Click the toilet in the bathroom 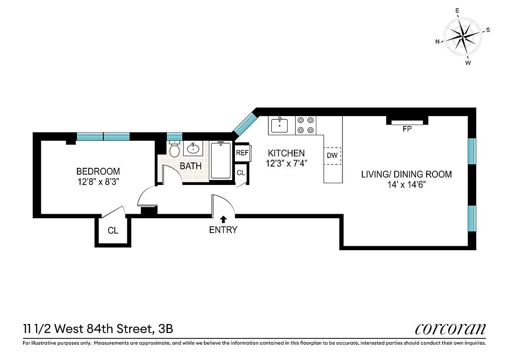175,149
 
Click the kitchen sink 279,125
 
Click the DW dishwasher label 332,156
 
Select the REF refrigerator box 242,153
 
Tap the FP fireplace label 407,129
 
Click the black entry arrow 223,219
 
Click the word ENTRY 223,230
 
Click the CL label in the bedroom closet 113,231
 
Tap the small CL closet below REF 241,173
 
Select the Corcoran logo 450,329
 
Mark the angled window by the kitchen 245,124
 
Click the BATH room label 191,166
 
